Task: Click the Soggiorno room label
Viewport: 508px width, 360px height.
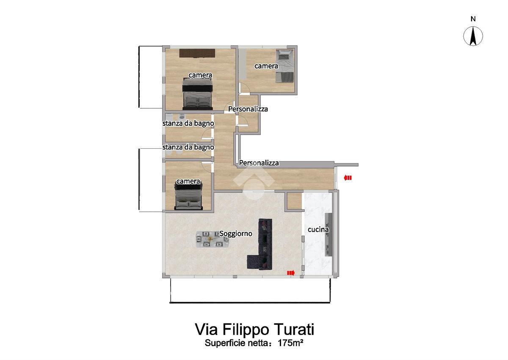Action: click(x=236, y=233)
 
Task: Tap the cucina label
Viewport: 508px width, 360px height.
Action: click(x=318, y=229)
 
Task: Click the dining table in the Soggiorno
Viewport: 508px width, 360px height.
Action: click(x=213, y=239)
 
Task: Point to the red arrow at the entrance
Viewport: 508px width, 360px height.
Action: click(x=348, y=178)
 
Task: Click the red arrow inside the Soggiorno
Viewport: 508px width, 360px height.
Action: click(x=291, y=273)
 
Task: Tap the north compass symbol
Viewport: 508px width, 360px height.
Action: click(x=473, y=36)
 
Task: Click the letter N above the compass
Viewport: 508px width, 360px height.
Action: click(x=473, y=19)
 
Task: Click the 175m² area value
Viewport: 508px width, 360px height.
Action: click(x=290, y=343)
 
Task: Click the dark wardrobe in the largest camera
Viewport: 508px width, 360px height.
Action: click(x=197, y=53)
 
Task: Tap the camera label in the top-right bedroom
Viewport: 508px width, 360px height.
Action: click(x=266, y=66)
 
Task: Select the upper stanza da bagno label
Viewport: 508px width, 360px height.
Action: click(x=188, y=123)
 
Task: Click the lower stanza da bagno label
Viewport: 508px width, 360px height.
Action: click(x=188, y=147)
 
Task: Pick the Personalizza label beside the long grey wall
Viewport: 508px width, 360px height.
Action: click(x=259, y=163)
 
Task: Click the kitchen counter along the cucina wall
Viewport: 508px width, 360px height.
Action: click(x=329, y=235)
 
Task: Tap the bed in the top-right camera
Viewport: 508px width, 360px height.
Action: click(x=284, y=66)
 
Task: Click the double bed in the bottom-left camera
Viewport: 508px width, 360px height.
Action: click(x=188, y=197)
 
